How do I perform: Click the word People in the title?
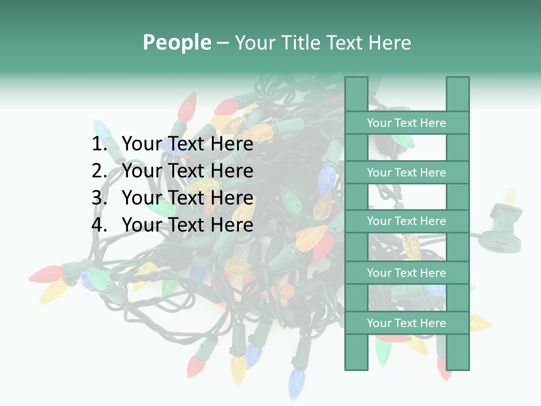(176, 42)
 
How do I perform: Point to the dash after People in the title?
(222, 43)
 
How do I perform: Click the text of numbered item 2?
(187, 171)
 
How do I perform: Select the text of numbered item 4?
(187, 225)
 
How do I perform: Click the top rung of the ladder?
(406, 123)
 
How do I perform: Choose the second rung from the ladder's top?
(406, 173)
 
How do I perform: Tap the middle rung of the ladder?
(406, 221)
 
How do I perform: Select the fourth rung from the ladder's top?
(406, 273)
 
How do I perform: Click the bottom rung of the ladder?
(406, 323)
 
